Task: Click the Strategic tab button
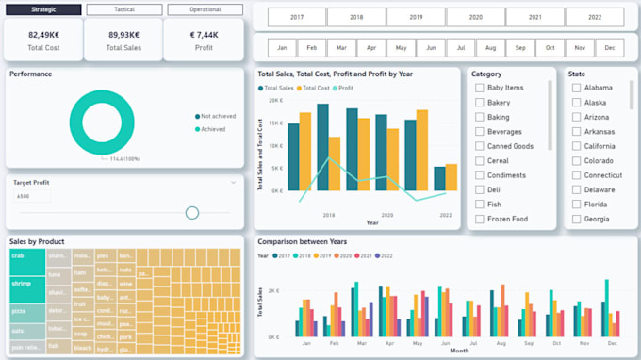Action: click(x=42, y=9)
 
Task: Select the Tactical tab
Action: click(x=123, y=9)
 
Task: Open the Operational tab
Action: click(x=205, y=9)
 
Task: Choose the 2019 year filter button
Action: click(x=416, y=18)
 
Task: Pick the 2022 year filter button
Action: click(x=594, y=18)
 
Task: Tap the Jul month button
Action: click(x=460, y=48)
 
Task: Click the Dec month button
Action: click(x=610, y=48)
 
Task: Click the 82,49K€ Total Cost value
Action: click(x=43, y=34)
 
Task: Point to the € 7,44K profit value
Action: click(x=203, y=34)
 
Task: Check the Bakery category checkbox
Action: click(x=480, y=103)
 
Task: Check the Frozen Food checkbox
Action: click(x=480, y=220)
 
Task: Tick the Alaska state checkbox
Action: click(x=576, y=103)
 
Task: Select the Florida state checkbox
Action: click(x=576, y=205)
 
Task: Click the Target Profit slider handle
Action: click(x=192, y=213)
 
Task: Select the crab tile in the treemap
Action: click(x=26, y=264)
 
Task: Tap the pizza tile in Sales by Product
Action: click(x=26, y=310)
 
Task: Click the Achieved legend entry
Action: click(x=212, y=129)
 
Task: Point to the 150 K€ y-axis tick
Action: click(x=273, y=123)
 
